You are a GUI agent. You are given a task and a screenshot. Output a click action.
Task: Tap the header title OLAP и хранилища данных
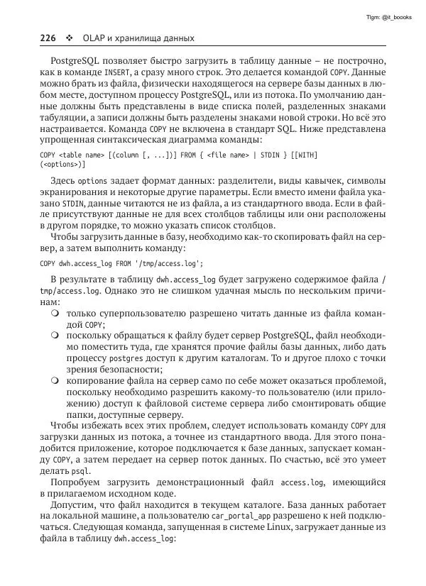(139, 37)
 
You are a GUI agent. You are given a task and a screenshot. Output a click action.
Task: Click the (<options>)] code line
(62, 164)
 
